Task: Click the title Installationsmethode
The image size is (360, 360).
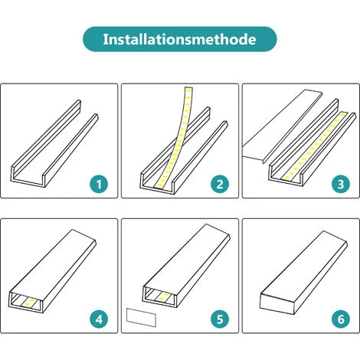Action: (x=180, y=38)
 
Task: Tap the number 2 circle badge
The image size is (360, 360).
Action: (x=219, y=184)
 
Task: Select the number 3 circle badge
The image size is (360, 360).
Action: (x=339, y=184)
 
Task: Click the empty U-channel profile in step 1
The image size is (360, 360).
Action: (x=57, y=146)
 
